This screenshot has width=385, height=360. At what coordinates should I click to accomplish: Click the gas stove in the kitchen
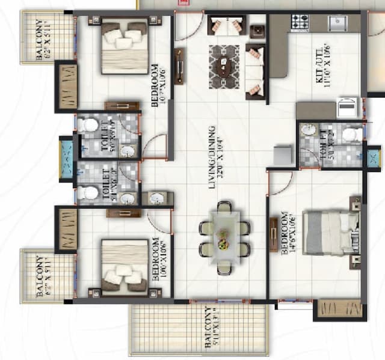tap(300, 22)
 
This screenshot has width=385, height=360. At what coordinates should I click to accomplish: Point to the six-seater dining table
tap(224, 237)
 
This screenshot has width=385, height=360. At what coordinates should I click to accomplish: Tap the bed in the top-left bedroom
tap(125, 47)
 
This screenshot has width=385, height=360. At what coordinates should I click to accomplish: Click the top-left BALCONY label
tap(43, 38)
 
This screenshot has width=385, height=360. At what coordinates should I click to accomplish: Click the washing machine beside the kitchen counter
tap(348, 108)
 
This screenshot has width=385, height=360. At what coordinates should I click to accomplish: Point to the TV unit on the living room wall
tap(179, 66)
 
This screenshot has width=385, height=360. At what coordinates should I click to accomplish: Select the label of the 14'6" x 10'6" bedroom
tap(288, 233)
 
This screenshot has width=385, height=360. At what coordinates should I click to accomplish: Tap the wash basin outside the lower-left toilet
tap(157, 198)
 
